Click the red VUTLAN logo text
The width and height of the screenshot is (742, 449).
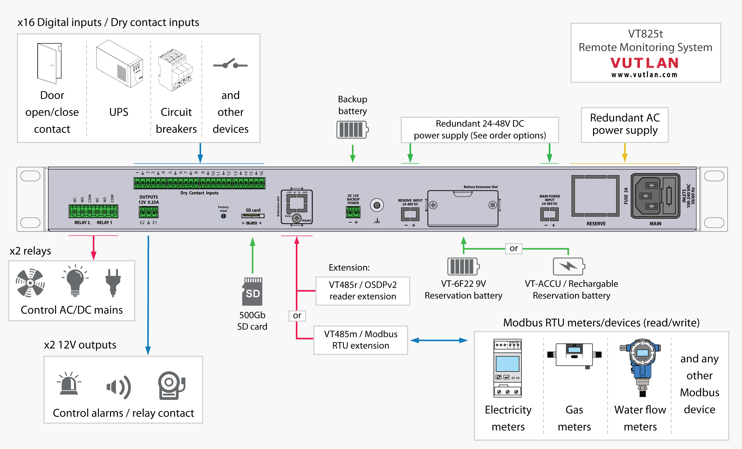[x=645, y=63]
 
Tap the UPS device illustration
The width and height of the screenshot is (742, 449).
[x=119, y=64]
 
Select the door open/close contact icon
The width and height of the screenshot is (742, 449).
[x=49, y=63]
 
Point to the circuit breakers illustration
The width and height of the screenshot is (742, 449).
[x=176, y=70]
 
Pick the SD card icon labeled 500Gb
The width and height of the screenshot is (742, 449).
[x=252, y=291]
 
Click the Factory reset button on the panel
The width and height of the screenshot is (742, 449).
[x=223, y=216]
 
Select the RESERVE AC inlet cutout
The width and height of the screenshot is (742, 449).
[x=595, y=196]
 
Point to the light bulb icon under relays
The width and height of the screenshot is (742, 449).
[x=75, y=281]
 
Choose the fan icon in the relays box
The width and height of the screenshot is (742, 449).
[x=30, y=283]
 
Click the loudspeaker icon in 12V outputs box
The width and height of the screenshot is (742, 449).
[x=119, y=387]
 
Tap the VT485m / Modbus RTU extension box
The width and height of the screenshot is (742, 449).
[x=360, y=340]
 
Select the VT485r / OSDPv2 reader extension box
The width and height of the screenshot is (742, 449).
[x=363, y=291]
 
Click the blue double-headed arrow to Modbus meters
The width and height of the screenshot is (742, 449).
[x=439, y=340]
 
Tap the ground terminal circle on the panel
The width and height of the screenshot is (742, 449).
[x=377, y=206]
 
